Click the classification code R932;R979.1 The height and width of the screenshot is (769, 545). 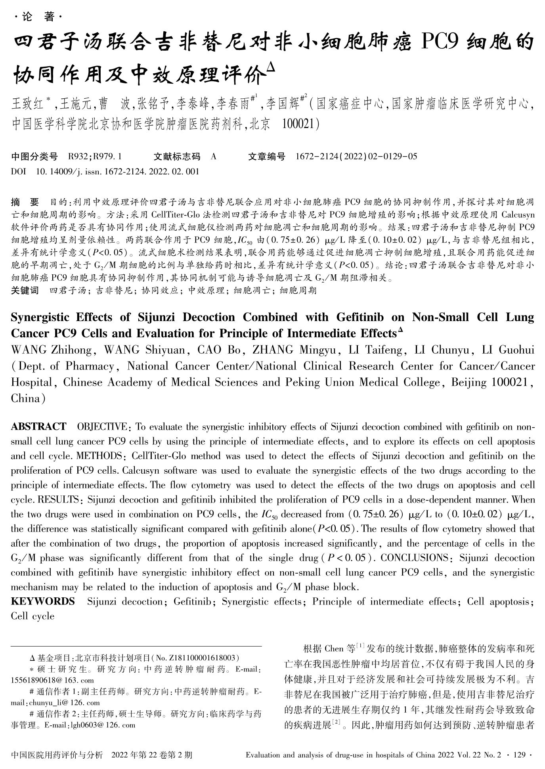click(95, 157)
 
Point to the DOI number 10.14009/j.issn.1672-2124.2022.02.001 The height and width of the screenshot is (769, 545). click(117, 172)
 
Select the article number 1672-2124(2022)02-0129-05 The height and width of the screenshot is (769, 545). click(356, 157)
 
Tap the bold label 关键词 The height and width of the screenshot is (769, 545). click(25, 291)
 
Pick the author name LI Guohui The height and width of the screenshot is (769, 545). click(508, 350)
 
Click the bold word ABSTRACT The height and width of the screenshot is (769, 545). click(38, 427)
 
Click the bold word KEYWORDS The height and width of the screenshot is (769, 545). click(43, 602)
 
